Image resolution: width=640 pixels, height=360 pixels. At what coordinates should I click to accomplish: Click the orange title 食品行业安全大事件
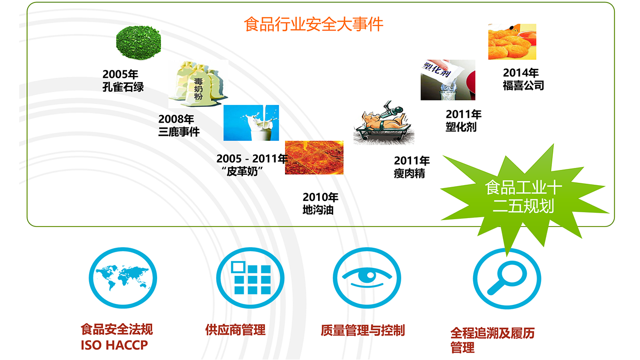(x=314, y=24)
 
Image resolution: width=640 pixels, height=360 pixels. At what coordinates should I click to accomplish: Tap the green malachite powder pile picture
(x=138, y=42)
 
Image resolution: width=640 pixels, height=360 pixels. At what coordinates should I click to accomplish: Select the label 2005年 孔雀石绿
(x=123, y=81)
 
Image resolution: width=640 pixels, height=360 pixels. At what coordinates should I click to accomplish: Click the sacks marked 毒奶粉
(x=198, y=84)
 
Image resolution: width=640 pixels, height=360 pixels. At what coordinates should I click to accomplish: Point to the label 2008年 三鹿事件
(x=179, y=126)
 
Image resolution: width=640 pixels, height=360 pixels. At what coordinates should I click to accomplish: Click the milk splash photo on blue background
(x=251, y=123)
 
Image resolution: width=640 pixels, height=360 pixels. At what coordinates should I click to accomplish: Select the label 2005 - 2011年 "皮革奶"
(x=252, y=165)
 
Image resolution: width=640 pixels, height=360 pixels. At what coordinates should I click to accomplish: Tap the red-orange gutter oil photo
(x=314, y=158)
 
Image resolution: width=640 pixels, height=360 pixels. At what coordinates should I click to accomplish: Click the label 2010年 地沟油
(x=320, y=203)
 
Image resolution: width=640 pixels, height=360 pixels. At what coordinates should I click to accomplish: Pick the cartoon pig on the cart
(x=384, y=123)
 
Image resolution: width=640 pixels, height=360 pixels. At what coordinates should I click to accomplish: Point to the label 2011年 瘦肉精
(x=412, y=167)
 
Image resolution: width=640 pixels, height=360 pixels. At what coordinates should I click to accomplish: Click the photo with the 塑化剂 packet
(x=448, y=80)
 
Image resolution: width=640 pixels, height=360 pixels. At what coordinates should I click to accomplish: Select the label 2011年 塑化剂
(x=463, y=120)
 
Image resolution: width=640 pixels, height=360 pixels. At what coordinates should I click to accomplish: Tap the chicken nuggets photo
(x=512, y=42)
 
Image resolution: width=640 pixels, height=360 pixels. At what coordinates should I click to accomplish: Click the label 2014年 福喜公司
(x=523, y=79)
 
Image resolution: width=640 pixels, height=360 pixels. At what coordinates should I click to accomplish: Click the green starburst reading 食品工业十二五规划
(x=523, y=197)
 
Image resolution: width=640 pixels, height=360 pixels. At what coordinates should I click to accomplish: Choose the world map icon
(x=123, y=278)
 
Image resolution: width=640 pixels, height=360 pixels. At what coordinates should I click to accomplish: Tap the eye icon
(x=367, y=278)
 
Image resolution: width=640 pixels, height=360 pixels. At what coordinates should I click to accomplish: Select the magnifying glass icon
(x=507, y=279)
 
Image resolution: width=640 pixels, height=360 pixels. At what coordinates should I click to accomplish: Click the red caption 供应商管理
(x=235, y=330)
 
